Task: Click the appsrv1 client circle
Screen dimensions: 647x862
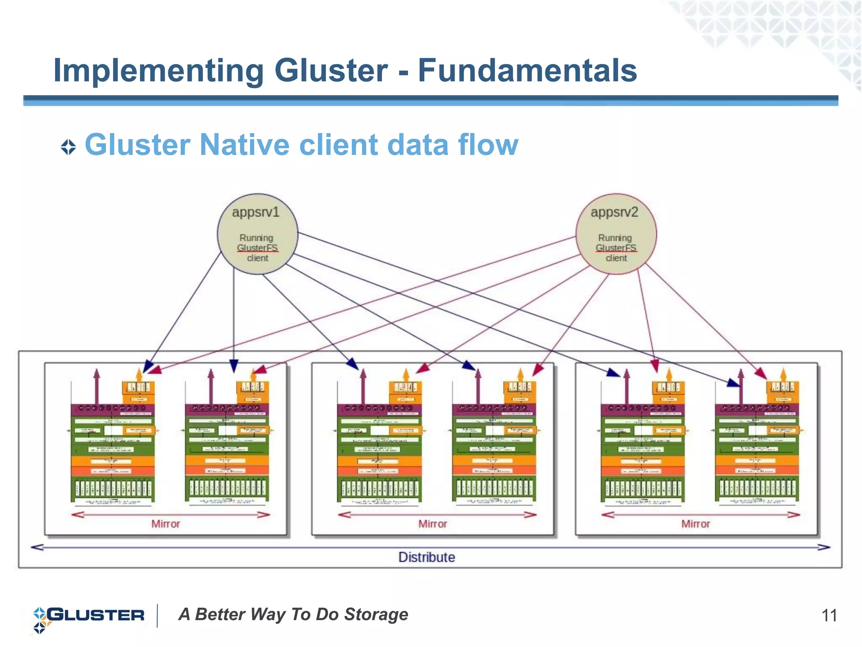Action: [x=257, y=234]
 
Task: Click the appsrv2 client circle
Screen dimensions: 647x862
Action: [x=616, y=234]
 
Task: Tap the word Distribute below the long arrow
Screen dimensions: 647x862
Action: [x=426, y=557]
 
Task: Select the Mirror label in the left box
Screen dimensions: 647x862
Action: [x=165, y=524]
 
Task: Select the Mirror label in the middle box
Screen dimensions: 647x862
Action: [x=432, y=524]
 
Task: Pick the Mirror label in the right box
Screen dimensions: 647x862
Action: [x=695, y=524]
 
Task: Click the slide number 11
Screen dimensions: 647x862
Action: [x=829, y=615]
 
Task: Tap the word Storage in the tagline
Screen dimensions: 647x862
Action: [x=376, y=614]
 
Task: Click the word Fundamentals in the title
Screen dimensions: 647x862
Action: [x=527, y=70]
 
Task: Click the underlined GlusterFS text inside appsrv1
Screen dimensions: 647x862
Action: [x=257, y=248]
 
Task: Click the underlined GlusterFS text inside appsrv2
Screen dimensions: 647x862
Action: [x=616, y=248]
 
